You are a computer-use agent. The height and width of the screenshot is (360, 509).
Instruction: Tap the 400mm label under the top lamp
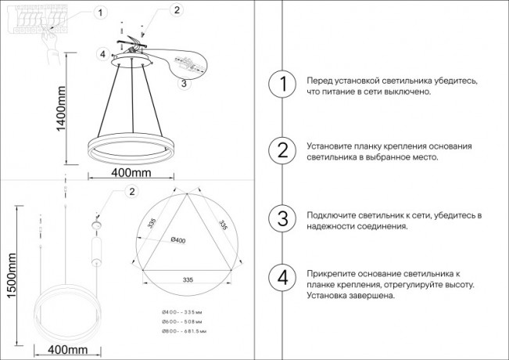point(131,172)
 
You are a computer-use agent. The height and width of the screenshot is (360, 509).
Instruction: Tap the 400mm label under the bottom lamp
point(66,348)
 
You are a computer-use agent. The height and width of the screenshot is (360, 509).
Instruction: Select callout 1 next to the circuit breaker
point(99,13)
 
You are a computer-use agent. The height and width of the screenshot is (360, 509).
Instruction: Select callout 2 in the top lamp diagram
point(177,10)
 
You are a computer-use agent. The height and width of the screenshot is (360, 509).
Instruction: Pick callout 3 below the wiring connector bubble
point(182,82)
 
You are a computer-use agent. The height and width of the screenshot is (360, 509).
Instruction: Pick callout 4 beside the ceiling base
point(102,53)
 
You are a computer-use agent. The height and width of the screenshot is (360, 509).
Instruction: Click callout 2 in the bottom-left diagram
point(131,192)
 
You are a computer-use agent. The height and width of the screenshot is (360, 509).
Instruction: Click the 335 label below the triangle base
point(188,279)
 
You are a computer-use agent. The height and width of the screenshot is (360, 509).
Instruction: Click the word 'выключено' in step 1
point(405,92)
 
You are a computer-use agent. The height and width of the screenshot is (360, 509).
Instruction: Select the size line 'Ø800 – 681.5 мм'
point(184,332)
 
